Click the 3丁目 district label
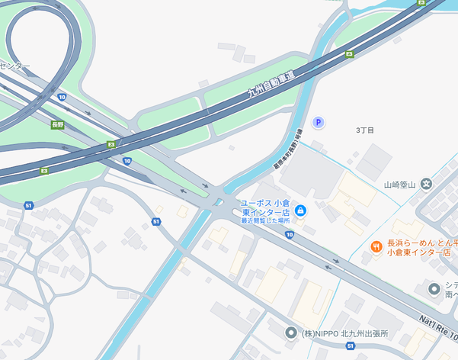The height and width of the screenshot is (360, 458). [x=365, y=130]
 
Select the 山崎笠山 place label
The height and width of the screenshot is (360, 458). [x=399, y=184]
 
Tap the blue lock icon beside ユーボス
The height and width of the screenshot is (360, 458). [x=300, y=210]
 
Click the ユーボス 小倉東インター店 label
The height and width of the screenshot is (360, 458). [x=264, y=207]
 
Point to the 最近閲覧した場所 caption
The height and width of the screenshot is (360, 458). [x=265, y=220]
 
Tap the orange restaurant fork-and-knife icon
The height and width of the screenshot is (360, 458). [x=376, y=246]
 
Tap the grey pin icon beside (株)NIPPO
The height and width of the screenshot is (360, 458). [x=290, y=333]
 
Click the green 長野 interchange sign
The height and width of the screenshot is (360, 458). [x=58, y=124]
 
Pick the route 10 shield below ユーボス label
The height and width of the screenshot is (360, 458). [x=290, y=235]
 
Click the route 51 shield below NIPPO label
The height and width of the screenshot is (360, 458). [x=351, y=348]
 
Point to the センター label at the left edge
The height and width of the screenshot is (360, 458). [x=15, y=66]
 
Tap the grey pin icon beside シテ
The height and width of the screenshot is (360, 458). [x=434, y=289]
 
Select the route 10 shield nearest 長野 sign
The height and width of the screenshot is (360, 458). [x=62, y=97]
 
